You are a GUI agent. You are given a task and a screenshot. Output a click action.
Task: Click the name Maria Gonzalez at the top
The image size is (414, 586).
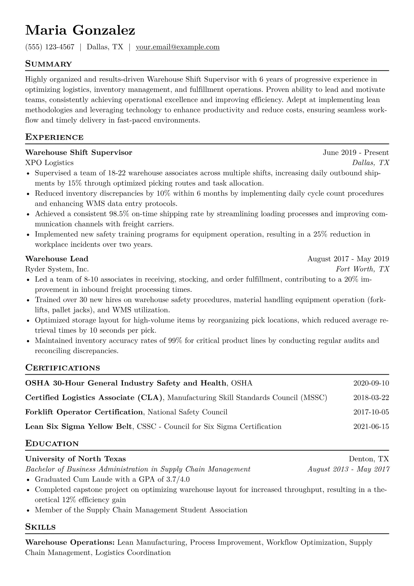(80, 31)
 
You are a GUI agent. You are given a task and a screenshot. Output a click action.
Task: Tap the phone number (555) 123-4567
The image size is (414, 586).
(50, 47)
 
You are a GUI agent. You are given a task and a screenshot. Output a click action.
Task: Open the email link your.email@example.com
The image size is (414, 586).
(177, 47)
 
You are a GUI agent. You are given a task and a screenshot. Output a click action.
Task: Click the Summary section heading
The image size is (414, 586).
(48, 64)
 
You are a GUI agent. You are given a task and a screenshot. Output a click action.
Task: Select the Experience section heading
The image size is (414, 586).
(54, 137)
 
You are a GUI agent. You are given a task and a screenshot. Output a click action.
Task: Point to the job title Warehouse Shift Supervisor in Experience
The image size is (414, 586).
(79, 153)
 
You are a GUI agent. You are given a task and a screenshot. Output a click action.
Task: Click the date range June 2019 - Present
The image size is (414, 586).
(356, 153)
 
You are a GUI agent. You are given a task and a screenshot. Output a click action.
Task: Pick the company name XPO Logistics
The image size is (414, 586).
(49, 163)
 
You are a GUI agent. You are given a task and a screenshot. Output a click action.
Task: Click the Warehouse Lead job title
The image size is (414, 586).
(57, 259)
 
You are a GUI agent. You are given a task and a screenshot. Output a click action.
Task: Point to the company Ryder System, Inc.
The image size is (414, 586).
(57, 269)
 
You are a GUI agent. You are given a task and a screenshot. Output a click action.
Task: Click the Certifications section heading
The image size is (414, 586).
(63, 368)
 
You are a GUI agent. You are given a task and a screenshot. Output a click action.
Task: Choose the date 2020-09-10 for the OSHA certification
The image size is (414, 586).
(371, 383)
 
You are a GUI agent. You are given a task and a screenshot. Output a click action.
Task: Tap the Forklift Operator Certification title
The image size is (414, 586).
(84, 412)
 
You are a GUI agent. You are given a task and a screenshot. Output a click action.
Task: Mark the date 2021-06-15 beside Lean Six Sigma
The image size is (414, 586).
(371, 427)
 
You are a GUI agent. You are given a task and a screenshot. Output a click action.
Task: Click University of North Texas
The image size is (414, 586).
(75, 459)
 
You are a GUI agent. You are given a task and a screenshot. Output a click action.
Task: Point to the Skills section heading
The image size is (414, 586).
(40, 527)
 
